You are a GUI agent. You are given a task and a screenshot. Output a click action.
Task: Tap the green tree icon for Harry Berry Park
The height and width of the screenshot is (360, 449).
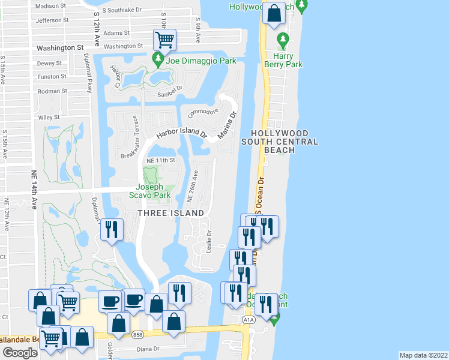coord(283,40)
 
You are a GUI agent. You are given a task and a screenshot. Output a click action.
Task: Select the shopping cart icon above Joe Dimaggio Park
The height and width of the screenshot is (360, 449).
coord(164,40)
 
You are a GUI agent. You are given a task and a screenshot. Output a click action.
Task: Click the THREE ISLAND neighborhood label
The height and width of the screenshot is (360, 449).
coord(171,213)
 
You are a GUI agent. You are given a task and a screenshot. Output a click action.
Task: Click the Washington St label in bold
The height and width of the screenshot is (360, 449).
coord(59,47)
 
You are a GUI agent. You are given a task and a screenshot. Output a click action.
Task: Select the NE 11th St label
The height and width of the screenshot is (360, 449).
coord(160,161)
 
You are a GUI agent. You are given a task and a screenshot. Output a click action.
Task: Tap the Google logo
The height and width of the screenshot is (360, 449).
coord(20,353)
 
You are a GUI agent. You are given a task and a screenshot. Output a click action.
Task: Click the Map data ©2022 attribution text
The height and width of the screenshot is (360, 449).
coord(423,355)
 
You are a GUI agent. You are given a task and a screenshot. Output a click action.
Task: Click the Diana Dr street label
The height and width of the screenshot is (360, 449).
coord(147,349)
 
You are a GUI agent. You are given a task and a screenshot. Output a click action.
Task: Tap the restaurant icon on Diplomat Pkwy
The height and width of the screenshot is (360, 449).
coord(112,229)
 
